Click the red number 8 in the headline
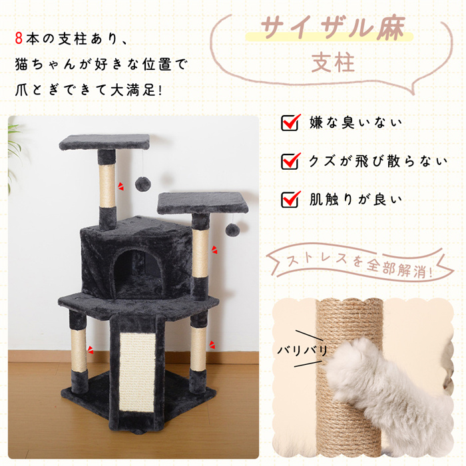19,39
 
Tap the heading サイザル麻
333,28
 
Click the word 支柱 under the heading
333,63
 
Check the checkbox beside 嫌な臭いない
290,122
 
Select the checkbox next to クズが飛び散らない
290,161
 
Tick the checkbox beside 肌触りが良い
290,200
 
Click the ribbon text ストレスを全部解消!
359,264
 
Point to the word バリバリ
302,350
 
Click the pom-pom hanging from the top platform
142,184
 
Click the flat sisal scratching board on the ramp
137,371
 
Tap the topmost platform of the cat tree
105,142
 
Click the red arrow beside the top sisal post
121,186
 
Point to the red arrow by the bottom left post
91,349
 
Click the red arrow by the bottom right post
212,345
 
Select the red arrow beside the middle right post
214,250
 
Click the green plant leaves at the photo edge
14,154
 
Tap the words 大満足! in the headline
136,89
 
